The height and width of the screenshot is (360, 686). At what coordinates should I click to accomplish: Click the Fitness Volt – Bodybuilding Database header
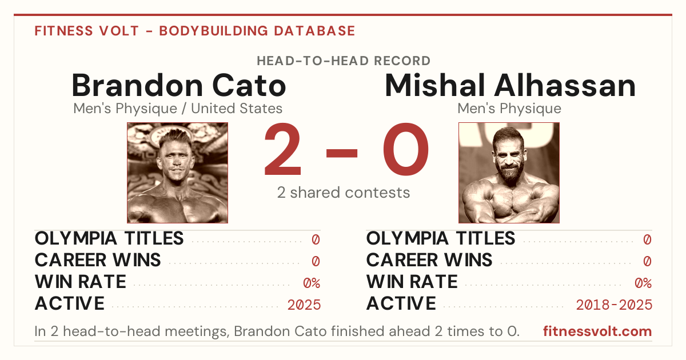click(x=195, y=31)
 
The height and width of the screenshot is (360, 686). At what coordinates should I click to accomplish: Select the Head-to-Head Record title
click(x=344, y=61)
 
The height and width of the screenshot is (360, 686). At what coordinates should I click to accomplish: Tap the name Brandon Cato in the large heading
click(x=179, y=85)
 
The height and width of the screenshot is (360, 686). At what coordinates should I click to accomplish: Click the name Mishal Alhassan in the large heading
click(x=510, y=85)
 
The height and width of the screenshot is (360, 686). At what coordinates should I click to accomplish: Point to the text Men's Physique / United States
click(x=178, y=109)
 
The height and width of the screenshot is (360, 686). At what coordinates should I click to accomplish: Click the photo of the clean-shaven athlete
click(x=177, y=173)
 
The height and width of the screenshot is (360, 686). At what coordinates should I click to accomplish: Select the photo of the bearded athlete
click(x=509, y=173)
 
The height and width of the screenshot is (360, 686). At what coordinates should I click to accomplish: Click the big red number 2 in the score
click(x=282, y=149)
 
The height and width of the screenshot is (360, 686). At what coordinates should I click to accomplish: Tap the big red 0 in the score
click(x=406, y=149)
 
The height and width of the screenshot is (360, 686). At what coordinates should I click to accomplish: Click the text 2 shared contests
click(x=344, y=193)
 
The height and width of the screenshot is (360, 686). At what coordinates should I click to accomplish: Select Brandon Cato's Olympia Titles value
click(x=316, y=239)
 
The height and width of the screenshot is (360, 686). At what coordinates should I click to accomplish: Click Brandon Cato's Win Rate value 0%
click(x=312, y=283)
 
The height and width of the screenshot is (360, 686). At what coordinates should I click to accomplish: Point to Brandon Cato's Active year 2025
click(x=304, y=305)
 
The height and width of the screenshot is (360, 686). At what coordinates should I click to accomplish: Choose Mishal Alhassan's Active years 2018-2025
click(x=614, y=305)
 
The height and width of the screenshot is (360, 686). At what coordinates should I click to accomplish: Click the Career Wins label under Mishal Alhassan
click(x=429, y=260)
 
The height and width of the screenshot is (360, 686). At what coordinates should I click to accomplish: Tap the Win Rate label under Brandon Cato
click(x=80, y=282)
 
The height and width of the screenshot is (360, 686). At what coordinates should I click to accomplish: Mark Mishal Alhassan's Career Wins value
click(x=647, y=261)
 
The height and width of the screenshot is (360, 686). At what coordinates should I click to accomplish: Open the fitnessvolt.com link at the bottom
click(x=597, y=331)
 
